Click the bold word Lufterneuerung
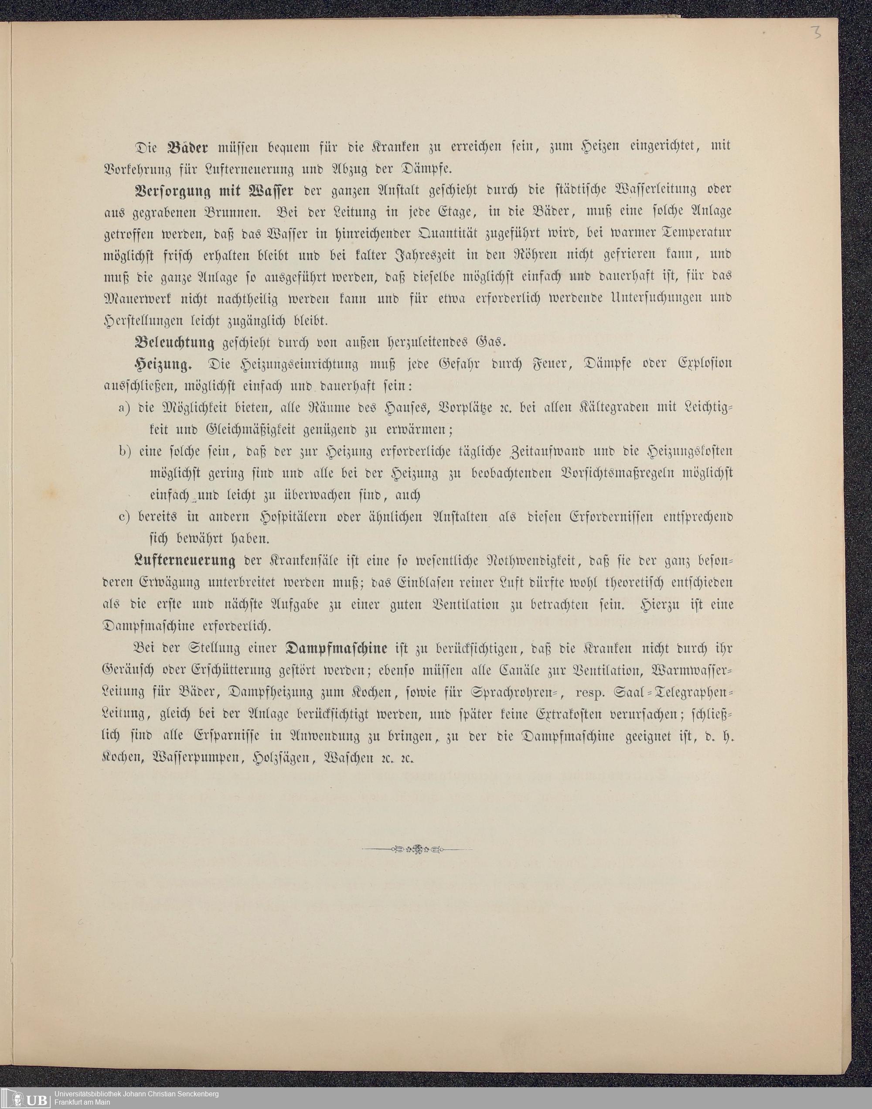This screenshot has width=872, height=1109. click(185, 561)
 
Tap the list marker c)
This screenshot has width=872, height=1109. click(126, 517)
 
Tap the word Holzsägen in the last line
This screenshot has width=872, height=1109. click(278, 758)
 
